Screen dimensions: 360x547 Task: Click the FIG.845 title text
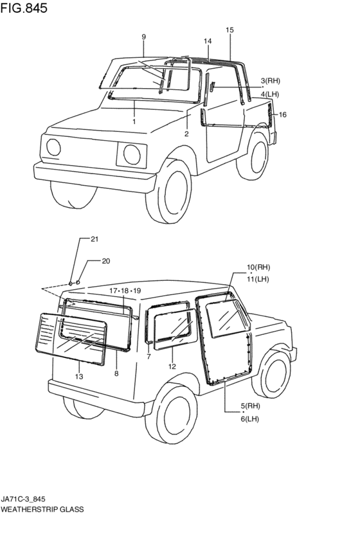[24, 8]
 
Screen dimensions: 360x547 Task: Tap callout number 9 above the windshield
[144, 37]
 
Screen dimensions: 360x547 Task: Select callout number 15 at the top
[230, 30]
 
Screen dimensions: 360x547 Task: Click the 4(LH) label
[269, 94]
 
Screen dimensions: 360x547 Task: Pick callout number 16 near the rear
[283, 114]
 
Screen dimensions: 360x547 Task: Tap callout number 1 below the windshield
[134, 121]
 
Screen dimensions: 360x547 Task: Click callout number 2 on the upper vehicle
[186, 134]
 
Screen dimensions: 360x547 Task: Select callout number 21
[94, 239]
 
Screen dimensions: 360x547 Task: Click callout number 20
[105, 261]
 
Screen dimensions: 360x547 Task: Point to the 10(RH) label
[258, 267]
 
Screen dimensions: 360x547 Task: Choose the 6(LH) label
[250, 419]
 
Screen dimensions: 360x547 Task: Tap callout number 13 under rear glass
[79, 377]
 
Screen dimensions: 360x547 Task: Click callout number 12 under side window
[172, 366]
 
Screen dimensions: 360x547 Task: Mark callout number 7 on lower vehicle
[149, 357]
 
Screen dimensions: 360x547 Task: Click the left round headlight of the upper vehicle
[53, 147]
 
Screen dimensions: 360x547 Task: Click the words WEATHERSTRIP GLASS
[42, 509]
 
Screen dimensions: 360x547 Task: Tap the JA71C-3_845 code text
[22, 499]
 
